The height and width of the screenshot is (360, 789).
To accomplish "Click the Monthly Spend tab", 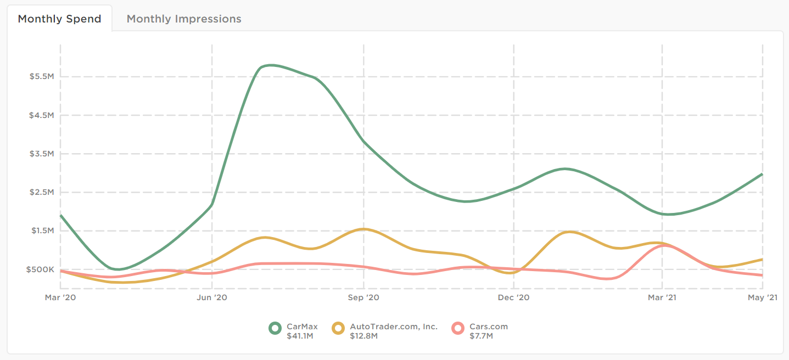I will coord(59,19).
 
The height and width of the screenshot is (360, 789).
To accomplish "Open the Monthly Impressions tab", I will coord(184,19).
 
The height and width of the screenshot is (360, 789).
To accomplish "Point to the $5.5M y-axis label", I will coord(42,77).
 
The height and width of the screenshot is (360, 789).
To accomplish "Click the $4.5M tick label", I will coord(42,115).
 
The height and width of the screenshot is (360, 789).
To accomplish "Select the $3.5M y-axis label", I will coord(42,154).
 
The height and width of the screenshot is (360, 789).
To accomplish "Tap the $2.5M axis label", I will coord(42,192).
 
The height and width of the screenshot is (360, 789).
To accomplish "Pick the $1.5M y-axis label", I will coord(42,230).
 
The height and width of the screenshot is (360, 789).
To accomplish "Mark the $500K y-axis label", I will coord(41,269).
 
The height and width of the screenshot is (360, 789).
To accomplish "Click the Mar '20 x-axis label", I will coord(60,297).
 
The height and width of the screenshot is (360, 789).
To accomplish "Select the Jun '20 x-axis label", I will coord(212,297).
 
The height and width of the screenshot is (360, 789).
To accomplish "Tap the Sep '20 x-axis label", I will coord(363,297).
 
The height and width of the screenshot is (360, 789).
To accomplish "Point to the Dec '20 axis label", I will coord(514,297).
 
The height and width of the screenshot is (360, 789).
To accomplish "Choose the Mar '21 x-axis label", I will coord(663,297).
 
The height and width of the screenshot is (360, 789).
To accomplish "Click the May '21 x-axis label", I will coord(763,297).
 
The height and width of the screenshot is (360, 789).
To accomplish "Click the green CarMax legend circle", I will coord(275,328).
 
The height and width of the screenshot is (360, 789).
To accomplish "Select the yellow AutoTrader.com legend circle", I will coord(339,328).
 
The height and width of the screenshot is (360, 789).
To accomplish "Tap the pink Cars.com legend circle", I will coord(458,328).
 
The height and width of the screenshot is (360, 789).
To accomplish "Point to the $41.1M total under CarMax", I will coord(300,336).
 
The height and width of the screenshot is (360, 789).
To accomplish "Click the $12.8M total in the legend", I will coord(363,336).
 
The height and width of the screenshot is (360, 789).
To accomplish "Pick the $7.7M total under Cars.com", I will coord(481,336).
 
